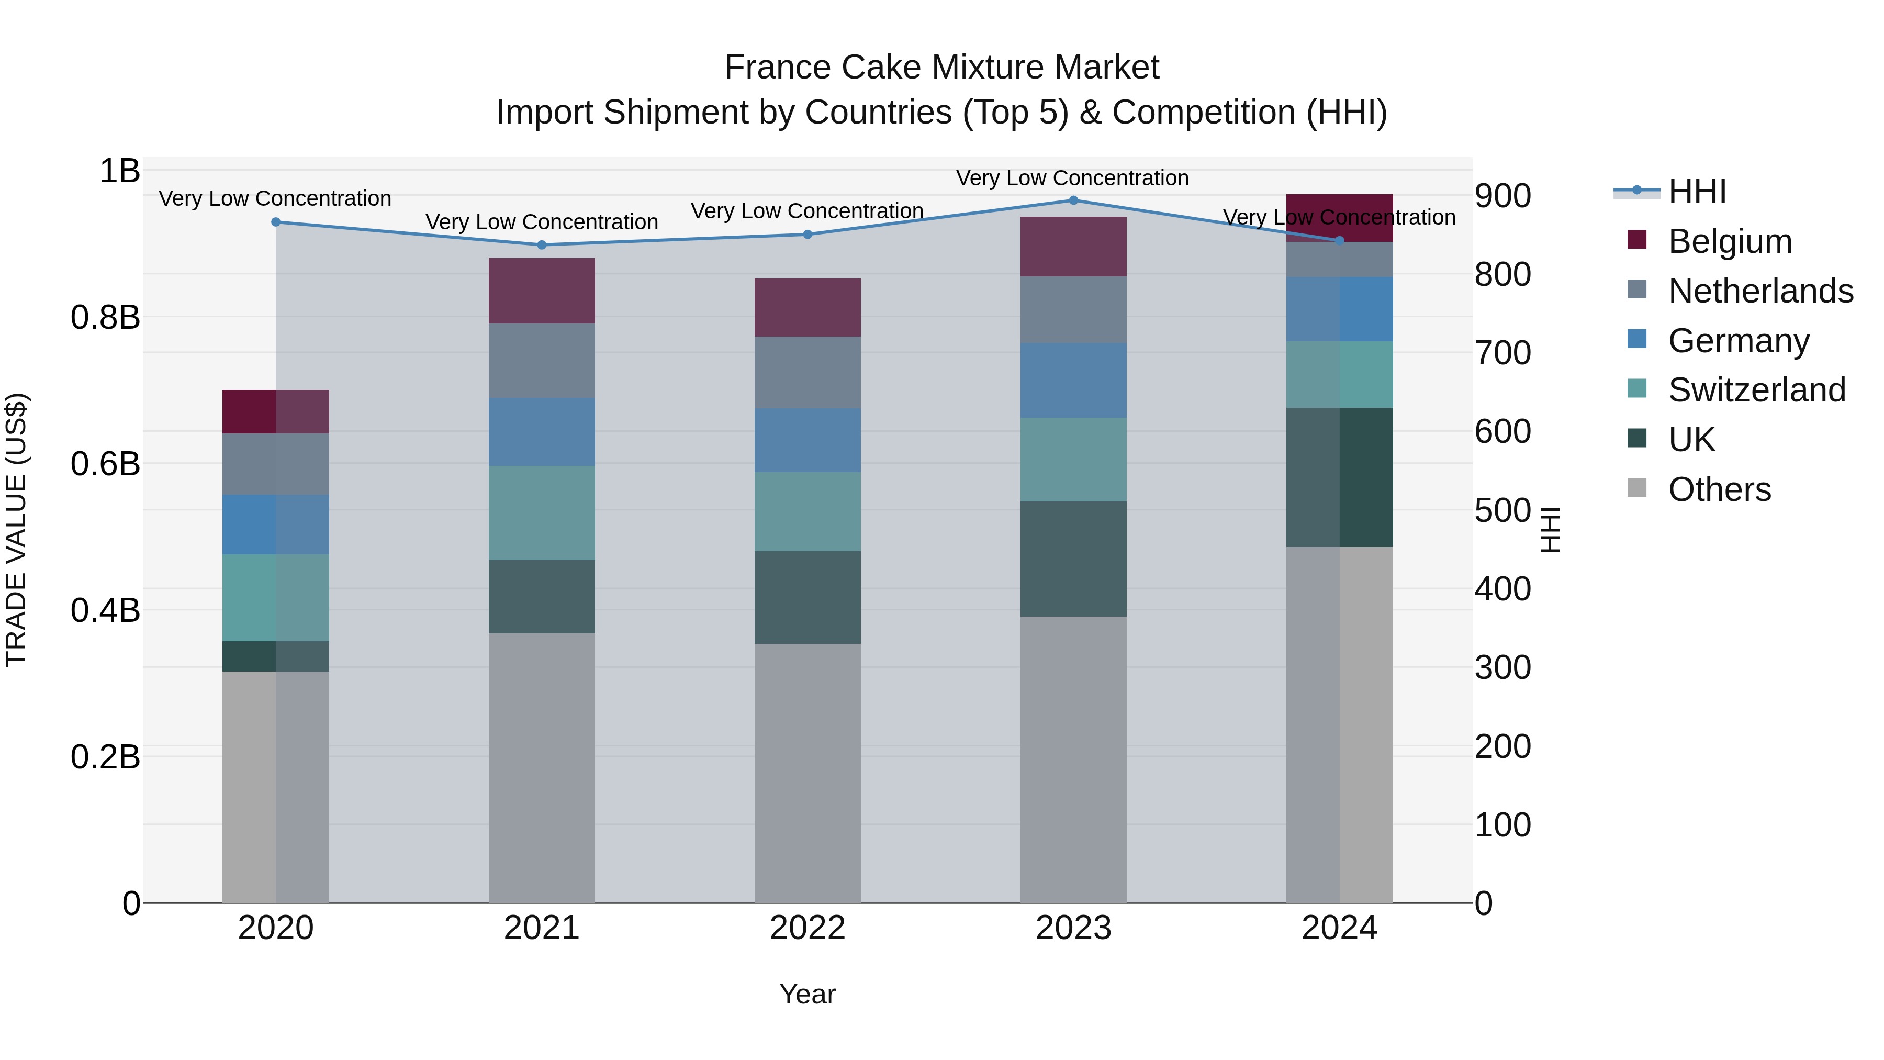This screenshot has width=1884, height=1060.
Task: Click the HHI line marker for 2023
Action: pos(1073,200)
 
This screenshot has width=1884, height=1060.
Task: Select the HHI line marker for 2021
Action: pos(541,245)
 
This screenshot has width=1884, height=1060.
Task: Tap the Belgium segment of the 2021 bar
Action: pos(541,291)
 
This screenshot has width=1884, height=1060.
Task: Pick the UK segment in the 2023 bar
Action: pos(1073,559)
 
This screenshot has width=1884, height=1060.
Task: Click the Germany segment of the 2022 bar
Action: pos(808,440)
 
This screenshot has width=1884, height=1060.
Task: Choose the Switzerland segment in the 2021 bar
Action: pos(541,513)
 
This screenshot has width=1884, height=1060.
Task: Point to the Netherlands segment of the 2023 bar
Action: pos(1073,309)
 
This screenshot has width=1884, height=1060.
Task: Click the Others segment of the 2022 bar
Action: pos(808,773)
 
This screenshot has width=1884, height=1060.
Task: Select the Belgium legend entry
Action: pos(1729,241)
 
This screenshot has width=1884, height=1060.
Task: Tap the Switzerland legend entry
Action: pos(1756,390)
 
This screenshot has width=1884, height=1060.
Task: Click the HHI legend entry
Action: pos(1697,192)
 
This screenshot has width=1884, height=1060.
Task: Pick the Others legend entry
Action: pos(1719,489)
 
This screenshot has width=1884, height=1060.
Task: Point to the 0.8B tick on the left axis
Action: pos(105,318)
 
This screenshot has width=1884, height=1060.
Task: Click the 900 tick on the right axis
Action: pos(1502,196)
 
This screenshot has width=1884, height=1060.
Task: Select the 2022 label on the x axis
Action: pos(808,928)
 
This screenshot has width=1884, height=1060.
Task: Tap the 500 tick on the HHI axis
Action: pos(1502,510)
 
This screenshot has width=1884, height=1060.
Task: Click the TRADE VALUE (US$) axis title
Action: pos(16,530)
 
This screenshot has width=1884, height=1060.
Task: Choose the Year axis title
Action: pos(808,994)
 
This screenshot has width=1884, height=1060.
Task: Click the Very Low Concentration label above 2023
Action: pos(1072,178)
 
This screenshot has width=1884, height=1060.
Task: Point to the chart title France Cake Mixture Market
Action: pos(941,68)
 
